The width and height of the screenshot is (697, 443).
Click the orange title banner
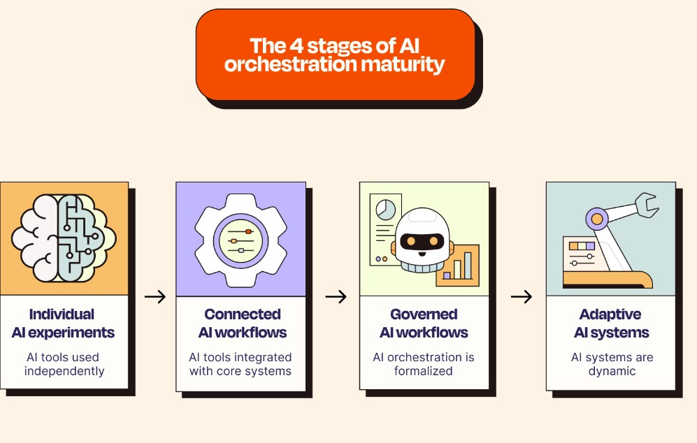(336, 55)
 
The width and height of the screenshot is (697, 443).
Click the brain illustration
(64, 238)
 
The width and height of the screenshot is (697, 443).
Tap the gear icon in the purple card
(240, 240)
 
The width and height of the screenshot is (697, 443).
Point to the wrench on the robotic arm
(647, 205)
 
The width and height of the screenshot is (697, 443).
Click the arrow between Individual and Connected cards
(155, 296)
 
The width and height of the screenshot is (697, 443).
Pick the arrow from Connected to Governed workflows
(336, 296)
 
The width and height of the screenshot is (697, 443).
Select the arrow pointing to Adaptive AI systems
(522, 296)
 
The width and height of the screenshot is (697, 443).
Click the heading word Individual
(62, 314)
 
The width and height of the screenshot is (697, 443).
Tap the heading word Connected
(243, 314)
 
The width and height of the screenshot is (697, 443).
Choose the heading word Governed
(424, 314)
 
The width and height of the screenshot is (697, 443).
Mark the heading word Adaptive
(610, 314)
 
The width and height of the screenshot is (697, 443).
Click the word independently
(64, 371)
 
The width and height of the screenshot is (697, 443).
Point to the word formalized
(423, 370)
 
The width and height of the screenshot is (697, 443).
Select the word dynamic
(612, 372)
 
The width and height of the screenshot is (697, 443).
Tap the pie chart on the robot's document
(385, 210)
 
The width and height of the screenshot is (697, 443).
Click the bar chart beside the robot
(458, 266)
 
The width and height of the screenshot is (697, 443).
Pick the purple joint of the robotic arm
(597, 219)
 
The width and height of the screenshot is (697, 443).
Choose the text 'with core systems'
(240, 371)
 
